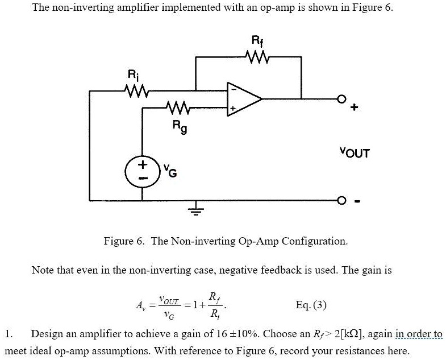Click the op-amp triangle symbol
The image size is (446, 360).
[x=243, y=99]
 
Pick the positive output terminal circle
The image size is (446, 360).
[x=341, y=98]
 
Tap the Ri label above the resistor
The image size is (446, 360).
[x=132, y=74]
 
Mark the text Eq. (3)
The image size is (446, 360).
[x=311, y=305]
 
